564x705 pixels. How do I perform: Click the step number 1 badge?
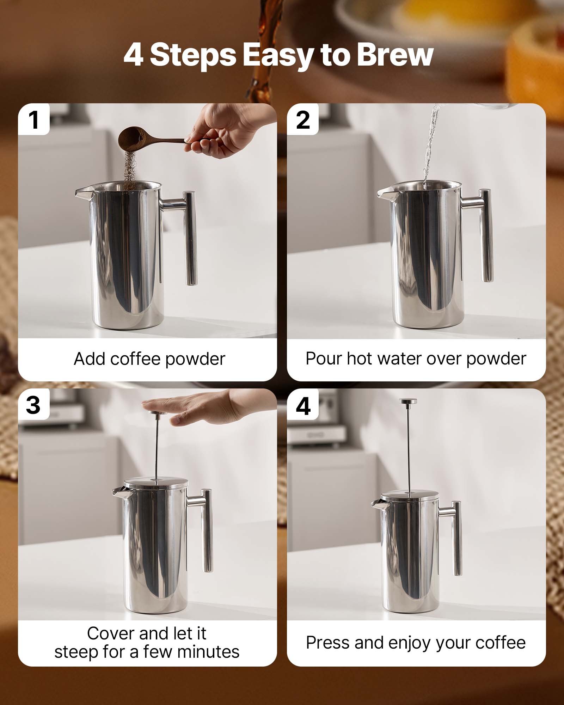click(x=34, y=120)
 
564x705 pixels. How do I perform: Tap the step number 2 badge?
click(x=303, y=120)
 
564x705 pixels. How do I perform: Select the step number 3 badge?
click(x=33, y=405)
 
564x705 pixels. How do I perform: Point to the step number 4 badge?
click(x=303, y=406)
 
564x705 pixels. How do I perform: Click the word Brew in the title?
click(x=394, y=55)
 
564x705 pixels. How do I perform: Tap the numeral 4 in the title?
click(x=134, y=55)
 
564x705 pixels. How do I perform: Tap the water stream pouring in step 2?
click(x=430, y=148)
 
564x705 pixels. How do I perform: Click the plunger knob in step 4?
click(x=408, y=401)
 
